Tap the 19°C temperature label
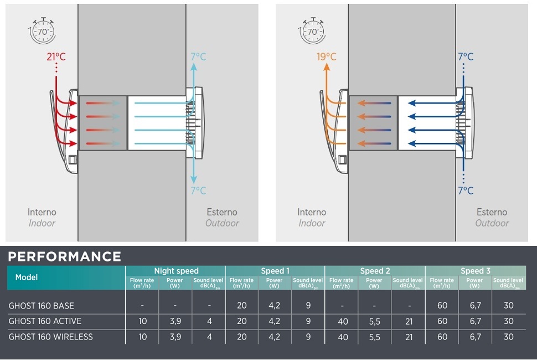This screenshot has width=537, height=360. pos(327,57)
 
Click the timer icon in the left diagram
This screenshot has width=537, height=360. pos(43,31)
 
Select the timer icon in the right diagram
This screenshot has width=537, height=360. pos(313,31)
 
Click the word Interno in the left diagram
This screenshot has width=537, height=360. pos(42,212)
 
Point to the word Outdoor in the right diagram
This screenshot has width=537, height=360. pos(492,223)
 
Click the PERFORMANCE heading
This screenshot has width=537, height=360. pos(65,256)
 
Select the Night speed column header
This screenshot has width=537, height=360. pos(176,271)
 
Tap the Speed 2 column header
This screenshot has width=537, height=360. pos(375,271)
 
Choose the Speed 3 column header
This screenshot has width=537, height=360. pos(475,271)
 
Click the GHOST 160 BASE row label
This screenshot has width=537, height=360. pos(42,306)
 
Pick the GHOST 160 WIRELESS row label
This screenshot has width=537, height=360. pos(51,337)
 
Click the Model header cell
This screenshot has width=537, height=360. pos(26,277)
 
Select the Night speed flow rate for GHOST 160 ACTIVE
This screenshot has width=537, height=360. pos(142,321)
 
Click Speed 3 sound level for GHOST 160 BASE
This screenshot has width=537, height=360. pos(509,306)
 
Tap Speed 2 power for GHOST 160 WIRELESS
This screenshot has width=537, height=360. pos(375,337)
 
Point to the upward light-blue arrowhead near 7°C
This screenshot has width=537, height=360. pos(193,66)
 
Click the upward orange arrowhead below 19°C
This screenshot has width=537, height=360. pos(327,67)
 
